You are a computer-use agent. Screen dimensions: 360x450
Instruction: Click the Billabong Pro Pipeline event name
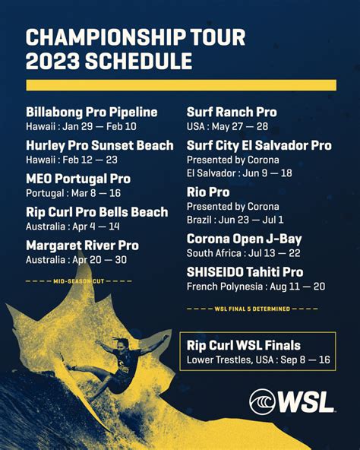pyautogui.click(x=91, y=112)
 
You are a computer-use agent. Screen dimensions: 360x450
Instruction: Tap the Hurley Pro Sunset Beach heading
pyautogui.click(x=99, y=145)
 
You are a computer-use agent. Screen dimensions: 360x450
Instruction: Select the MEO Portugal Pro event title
pyautogui.click(x=78, y=179)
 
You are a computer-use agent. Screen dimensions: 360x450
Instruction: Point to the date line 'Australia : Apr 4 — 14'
pyautogui.click(x=73, y=227)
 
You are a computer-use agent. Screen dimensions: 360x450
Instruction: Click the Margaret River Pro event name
pyautogui.click(x=82, y=246)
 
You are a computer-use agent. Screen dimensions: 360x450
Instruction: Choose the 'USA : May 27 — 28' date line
pyautogui.click(x=227, y=126)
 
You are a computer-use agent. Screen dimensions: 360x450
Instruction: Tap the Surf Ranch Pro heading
pyautogui.click(x=232, y=112)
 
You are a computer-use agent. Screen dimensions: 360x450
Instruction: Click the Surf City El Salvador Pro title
pyautogui.click(x=259, y=145)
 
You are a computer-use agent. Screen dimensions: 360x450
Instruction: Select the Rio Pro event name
pyautogui.click(x=208, y=192)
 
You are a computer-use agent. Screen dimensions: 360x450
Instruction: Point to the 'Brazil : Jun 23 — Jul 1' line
pyautogui.click(x=235, y=220)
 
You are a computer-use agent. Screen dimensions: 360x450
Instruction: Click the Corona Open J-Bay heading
pyautogui.click(x=244, y=239)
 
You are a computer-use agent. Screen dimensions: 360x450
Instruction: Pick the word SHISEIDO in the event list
pyautogui.click(x=217, y=272)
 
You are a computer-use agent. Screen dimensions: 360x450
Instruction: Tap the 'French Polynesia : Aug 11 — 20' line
pyautogui.click(x=256, y=287)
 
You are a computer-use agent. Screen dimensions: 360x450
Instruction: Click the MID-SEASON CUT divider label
pyautogui.click(x=78, y=281)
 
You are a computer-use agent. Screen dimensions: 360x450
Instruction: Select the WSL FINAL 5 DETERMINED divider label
pyautogui.click(x=252, y=309)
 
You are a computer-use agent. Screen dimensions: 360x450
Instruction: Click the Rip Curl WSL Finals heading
pyautogui.click(x=244, y=346)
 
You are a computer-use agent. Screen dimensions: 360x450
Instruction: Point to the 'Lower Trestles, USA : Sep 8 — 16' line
pyautogui.click(x=258, y=360)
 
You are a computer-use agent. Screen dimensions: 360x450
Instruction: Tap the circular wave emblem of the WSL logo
pyautogui.click(x=262, y=401)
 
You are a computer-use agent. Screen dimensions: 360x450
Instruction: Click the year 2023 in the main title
pyautogui.click(x=52, y=61)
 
